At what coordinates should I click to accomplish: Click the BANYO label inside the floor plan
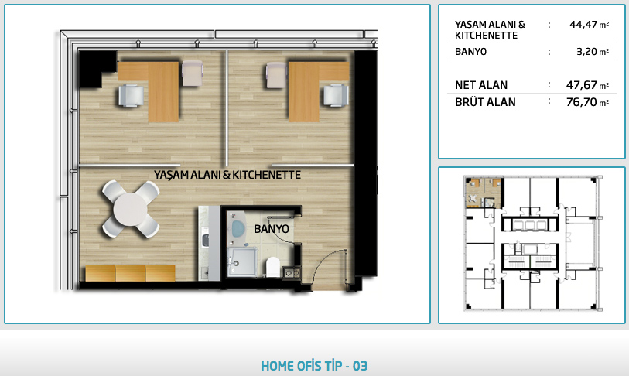[272, 229]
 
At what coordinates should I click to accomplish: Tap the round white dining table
[131, 209]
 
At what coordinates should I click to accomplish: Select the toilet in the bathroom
[273, 266]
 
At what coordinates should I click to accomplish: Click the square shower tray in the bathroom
[242, 262]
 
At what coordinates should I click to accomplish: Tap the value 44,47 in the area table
[583, 25]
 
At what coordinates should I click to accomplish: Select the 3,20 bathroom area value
[587, 51]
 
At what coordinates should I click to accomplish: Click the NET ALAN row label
[481, 85]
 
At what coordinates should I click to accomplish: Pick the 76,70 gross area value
[582, 102]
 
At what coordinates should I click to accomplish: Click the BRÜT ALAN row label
[485, 102]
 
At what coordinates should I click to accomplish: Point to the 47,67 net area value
[582, 85]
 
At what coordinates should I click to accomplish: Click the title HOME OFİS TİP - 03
[314, 366]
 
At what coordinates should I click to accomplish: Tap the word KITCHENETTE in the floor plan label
[266, 175]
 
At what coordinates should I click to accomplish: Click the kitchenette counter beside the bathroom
[209, 243]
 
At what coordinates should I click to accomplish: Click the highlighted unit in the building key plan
[484, 192]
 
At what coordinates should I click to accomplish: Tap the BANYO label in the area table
[470, 51]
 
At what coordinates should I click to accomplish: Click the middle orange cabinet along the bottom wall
[131, 273]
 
